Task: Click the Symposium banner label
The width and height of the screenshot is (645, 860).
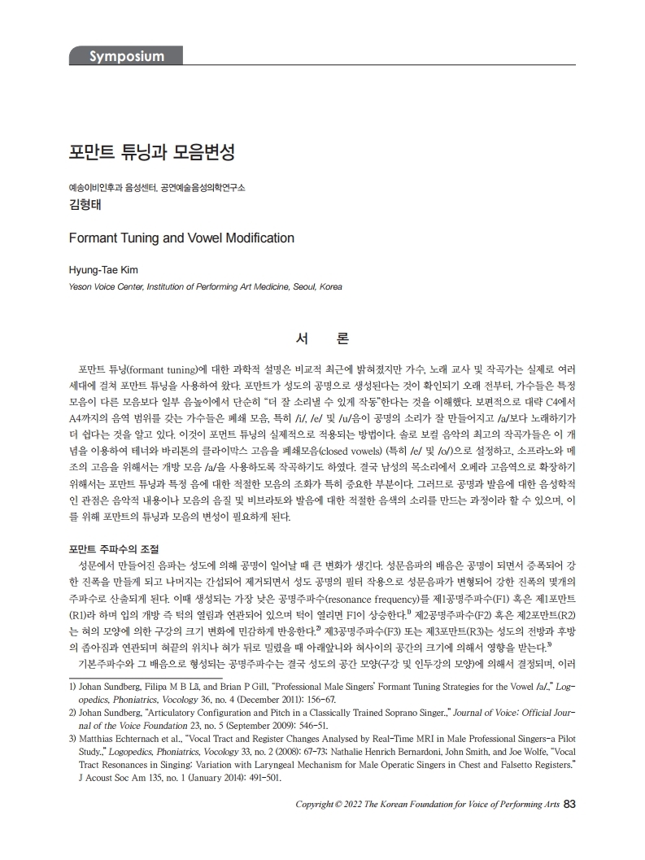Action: tap(125, 56)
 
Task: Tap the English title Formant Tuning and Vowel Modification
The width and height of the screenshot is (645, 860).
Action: tap(181, 238)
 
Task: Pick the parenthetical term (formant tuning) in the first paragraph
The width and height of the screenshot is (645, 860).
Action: tap(160, 365)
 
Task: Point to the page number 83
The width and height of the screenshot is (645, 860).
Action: tap(569, 805)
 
